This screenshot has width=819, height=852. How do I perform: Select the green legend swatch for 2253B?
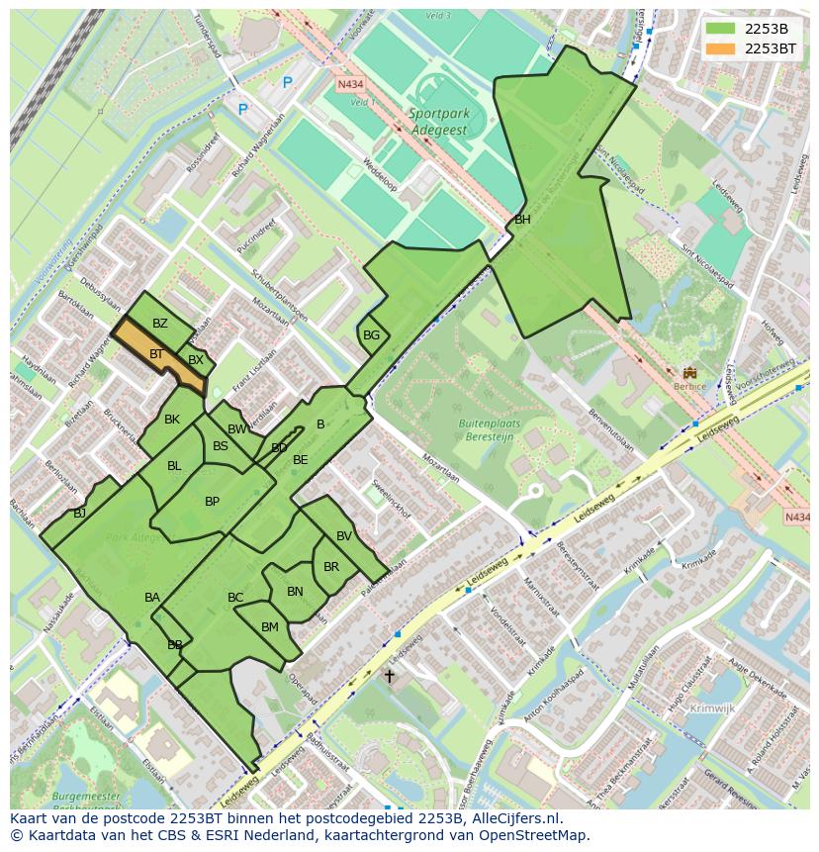[722, 29]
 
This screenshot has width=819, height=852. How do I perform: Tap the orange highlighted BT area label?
[156, 353]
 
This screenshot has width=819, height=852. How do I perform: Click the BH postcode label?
[522, 220]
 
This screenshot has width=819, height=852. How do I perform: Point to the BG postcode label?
[371, 335]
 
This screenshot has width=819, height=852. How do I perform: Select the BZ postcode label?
[160, 324]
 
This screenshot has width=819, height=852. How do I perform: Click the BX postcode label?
[196, 360]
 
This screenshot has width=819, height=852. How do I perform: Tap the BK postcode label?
[172, 420]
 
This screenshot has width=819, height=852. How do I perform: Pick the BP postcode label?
[212, 502]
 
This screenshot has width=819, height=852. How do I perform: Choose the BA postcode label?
[152, 598]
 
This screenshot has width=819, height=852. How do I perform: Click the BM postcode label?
[270, 627]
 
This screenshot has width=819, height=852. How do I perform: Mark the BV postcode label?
[344, 536]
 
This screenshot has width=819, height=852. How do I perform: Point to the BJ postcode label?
[80, 514]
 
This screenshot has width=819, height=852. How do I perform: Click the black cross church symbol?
[390, 677]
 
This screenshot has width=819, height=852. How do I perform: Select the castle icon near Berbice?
[689, 373]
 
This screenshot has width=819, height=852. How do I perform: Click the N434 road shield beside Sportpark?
[350, 85]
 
